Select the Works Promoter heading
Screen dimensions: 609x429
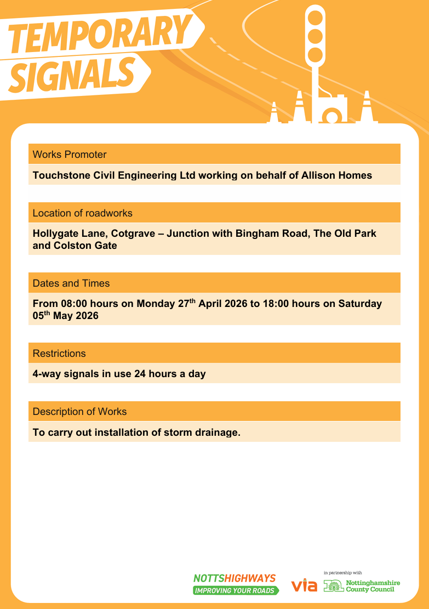point(70,155)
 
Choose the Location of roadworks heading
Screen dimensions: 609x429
point(82,213)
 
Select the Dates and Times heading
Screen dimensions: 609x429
point(71,283)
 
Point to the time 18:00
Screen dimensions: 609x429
point(277,304)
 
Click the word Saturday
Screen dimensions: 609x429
point(359,304)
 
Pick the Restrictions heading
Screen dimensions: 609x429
point(59,354)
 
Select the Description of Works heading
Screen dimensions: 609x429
point(79,412)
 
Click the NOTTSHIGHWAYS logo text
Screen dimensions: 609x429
point(234,578)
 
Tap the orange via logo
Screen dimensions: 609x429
point(304,585)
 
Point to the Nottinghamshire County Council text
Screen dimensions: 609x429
point(373,586)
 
